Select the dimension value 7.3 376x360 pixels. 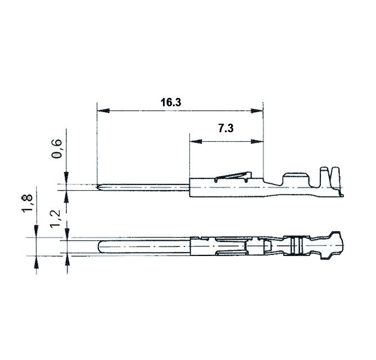pos(225,128)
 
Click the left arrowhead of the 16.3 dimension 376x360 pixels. pos(101,110)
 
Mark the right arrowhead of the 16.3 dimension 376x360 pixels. pos(258,110)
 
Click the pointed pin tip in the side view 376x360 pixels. pos(99,187)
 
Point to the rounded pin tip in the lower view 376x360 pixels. pos(101,247)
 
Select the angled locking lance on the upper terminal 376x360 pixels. pos(232,176)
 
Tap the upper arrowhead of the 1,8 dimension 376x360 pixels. pos(37,232)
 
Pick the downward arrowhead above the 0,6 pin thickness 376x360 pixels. pos(67,179)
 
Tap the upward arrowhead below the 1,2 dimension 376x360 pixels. pos(67,259)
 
